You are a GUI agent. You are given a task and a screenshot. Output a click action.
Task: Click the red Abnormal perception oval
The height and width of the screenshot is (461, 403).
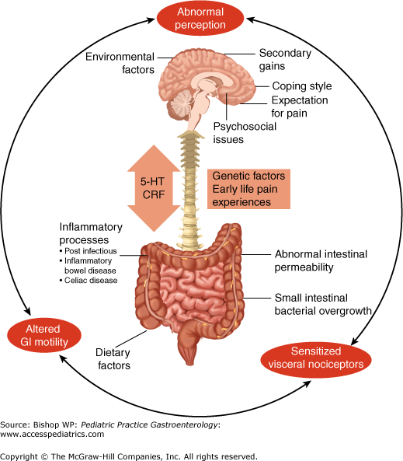(200, 18)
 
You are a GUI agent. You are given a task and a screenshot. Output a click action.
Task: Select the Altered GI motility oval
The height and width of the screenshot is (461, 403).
(44, 335)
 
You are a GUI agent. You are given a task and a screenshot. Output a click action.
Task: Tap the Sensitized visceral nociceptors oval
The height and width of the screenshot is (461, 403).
(316, 358)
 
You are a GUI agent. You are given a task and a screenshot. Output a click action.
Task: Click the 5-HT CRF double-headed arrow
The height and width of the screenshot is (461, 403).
(153, 188)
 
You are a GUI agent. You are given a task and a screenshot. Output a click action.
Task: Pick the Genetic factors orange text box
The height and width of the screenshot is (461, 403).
(248, 189)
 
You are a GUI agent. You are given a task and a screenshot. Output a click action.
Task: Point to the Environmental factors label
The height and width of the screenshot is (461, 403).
(120, 63)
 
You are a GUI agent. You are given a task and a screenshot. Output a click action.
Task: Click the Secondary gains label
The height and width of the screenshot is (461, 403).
(285, 59)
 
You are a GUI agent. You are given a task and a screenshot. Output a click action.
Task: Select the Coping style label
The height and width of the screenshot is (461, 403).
(302, 86)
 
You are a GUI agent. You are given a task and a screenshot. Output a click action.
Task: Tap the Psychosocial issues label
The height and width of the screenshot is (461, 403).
(245, 133)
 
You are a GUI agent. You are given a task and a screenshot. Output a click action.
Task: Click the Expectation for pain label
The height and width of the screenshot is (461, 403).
(300, 107)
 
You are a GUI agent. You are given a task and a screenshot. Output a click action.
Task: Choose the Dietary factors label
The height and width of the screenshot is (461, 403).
(113, 358)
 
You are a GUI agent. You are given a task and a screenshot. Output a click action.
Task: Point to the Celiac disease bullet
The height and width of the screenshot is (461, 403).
(89, 280)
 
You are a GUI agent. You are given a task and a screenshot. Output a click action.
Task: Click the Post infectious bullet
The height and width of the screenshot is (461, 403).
(88, 251)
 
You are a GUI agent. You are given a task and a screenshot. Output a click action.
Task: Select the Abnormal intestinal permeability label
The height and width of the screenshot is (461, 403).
(321, 260)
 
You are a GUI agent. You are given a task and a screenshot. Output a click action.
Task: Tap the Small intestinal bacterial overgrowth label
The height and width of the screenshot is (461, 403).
(323, 304)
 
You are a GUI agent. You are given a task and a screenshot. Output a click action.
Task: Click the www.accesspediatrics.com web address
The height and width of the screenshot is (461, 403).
(52, 434)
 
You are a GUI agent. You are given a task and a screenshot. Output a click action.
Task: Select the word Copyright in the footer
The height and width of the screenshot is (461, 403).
(19, 456)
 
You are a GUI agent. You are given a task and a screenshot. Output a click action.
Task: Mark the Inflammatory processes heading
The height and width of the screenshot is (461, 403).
(91, 233)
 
